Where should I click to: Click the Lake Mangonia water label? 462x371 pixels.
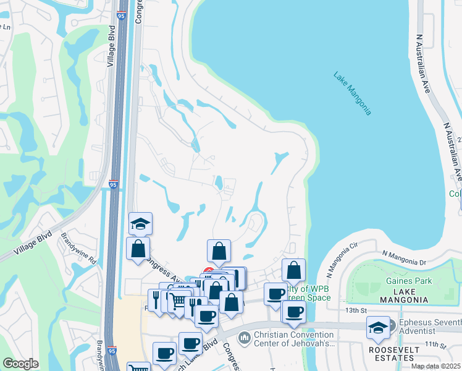coord(352,94)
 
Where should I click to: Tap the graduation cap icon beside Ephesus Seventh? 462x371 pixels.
coord(377,327)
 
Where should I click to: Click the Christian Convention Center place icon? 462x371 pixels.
coord(244,338)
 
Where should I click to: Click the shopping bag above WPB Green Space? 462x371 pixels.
coord(293,270)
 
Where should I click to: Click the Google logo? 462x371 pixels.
coord(20,364)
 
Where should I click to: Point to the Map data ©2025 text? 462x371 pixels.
coord(435,366)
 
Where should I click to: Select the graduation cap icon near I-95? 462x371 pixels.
coord(141,223)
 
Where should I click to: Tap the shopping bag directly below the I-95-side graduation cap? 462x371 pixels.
coord(138,249)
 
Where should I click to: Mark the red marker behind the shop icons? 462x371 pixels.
coord(208,271)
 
